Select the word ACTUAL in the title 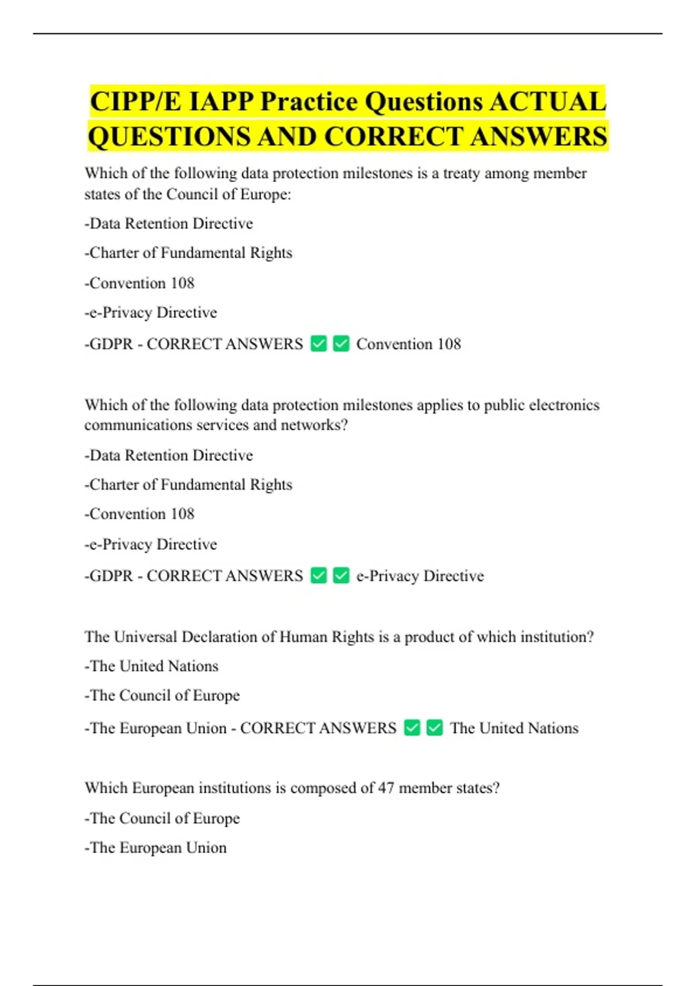pos(548,102)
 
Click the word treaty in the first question pos(462,173)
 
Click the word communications pos(138,425)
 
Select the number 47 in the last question pos(386,788)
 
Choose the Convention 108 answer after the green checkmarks pos(408,344)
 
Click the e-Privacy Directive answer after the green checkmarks pos(420,576)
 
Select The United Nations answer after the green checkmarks pos(514,728)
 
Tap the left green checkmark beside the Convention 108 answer pos(319,344)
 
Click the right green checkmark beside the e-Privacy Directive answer pos(341,576)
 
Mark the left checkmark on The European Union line pos(412,728)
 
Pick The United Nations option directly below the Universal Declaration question pos(154,666)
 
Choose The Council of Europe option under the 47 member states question pos(164,818)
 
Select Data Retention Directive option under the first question pos(171,224)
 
